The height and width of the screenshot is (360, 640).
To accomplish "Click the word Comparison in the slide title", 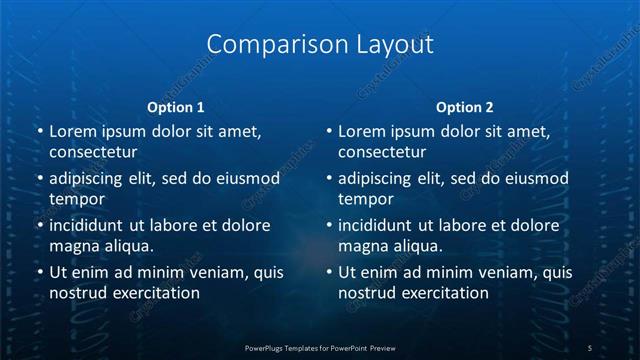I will pos(264,45).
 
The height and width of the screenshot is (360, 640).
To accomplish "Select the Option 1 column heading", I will pos(176,106).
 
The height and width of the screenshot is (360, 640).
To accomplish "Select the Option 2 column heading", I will pos(465,106).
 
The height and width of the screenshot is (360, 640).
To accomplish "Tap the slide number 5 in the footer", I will pos(590,347).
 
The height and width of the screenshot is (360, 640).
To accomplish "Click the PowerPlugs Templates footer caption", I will pos(320,347).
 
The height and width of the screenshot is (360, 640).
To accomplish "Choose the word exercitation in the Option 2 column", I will pos(441,293).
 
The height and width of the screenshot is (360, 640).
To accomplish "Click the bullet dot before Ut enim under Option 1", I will pos(39,272).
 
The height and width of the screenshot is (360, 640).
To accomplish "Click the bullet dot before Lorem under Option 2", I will pos(329,131).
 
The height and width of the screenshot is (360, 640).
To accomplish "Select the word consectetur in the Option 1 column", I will pos(93,152).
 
